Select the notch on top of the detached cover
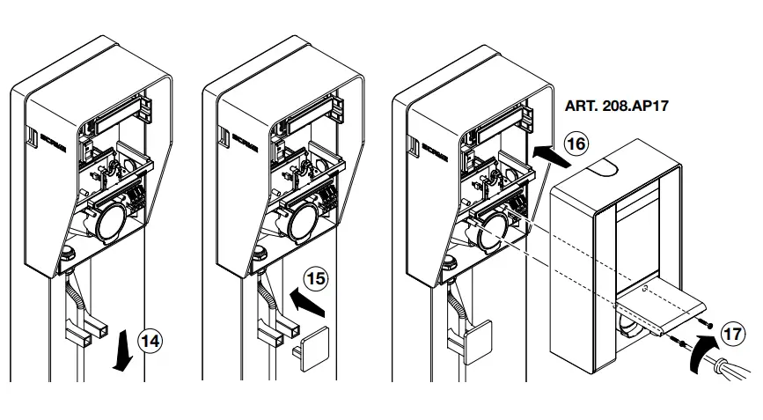[x=607, y=167]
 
